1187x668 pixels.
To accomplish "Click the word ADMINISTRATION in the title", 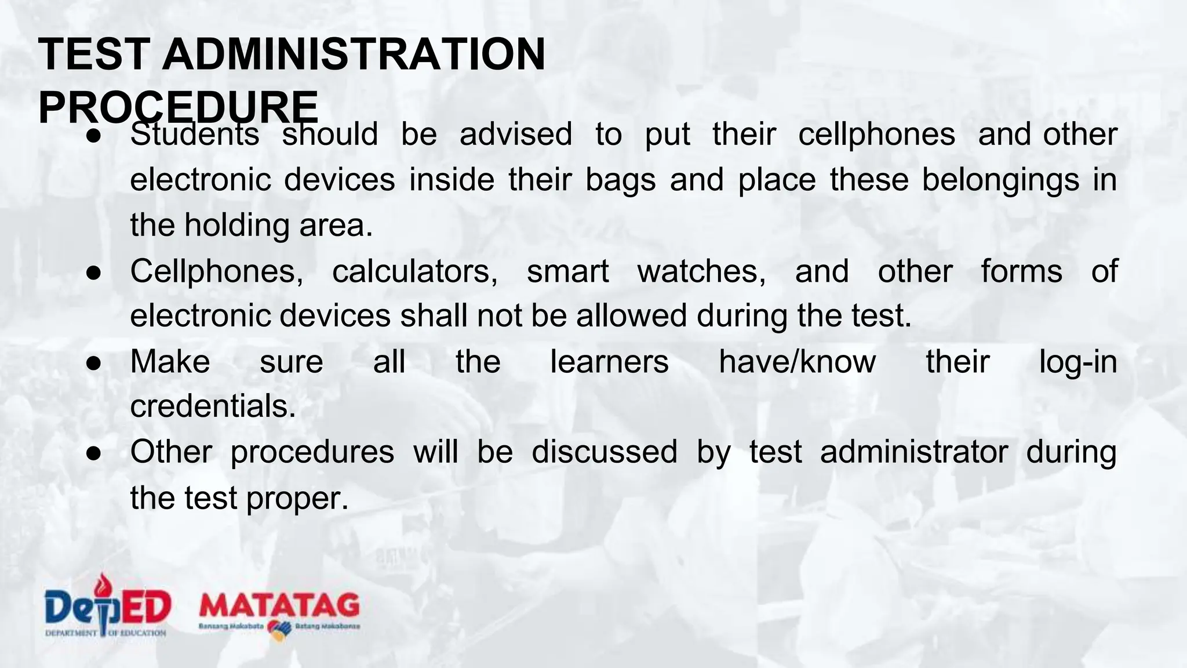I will click(x=354, y=55).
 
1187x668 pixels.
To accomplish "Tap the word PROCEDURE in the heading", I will click(x=178, y=107).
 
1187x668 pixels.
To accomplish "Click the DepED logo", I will click(x=107, y=608).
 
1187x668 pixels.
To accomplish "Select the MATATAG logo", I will click(x=279, y=612).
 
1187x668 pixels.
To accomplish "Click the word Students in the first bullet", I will click(x=195, y=135).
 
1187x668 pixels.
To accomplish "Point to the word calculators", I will click(x=414, y=271).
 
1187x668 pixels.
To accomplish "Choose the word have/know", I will click(x=797, y=362).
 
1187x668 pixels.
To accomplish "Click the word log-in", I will click(x=1077, y=362).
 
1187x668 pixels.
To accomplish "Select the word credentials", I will click(x=213, y=406).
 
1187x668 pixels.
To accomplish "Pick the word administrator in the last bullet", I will click(x=913, y=452).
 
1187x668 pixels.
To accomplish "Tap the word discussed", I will click(x=604, y=452).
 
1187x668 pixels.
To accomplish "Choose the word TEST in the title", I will click(x=94, y=55).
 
